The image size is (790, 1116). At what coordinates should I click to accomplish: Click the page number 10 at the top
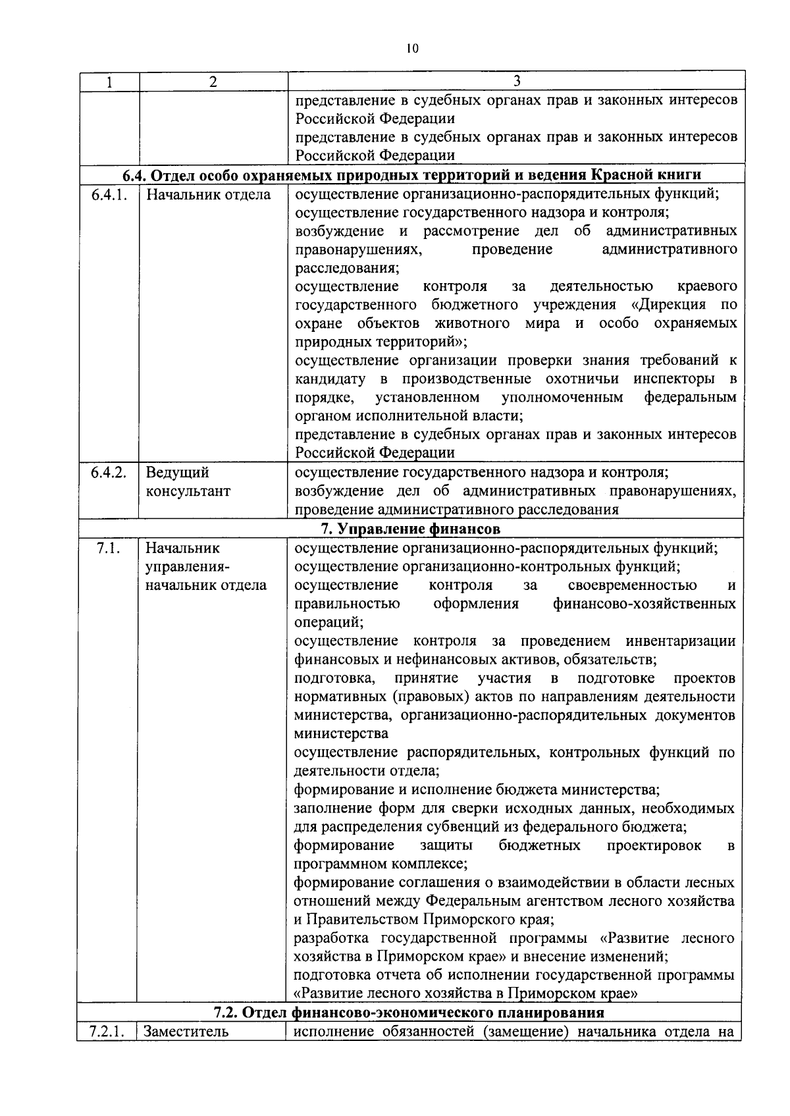click(x=413, y=48)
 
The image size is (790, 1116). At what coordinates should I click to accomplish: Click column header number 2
click(x=212, y=82)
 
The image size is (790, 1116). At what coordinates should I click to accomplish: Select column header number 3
click(x=517, y=81)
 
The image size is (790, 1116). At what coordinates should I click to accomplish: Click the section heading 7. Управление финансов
click(x=410, y=529)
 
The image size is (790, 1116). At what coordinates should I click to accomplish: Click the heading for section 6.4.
click(x=411, y=175)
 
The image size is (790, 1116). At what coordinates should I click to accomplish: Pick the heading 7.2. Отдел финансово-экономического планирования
click(x=409, y=1013)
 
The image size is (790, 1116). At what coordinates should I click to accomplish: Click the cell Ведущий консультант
click(x=188, y=482)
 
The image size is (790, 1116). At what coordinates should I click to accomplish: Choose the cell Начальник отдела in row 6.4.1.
click(x=208, y=195)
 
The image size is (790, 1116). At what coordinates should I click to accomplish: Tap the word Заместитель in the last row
click(x=186, y=1032)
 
